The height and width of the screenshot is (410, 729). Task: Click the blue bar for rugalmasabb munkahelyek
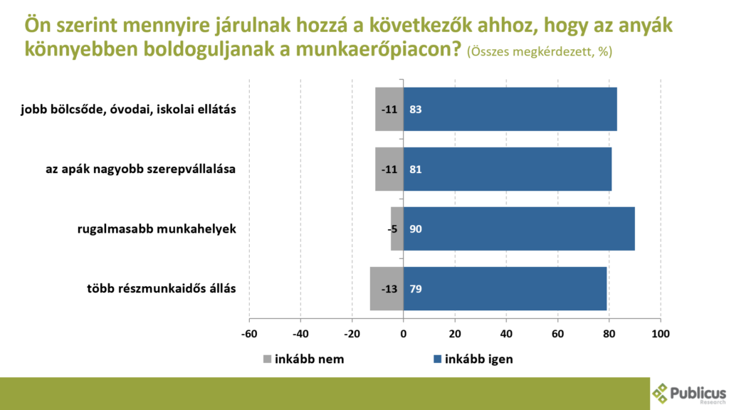519,228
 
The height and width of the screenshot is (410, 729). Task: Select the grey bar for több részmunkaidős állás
387,289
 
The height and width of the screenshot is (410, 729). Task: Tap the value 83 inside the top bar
415,109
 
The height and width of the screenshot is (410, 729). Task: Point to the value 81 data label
415,169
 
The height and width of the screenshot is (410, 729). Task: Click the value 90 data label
415,228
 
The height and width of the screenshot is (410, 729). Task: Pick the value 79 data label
415,289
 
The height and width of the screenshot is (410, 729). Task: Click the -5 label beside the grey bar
392,229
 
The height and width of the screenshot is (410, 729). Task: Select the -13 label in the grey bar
389,289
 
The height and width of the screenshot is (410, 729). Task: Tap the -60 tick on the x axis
249,334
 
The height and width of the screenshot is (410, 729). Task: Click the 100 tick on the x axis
661,334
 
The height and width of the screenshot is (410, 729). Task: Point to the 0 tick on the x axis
403,334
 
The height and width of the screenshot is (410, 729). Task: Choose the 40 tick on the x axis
506,334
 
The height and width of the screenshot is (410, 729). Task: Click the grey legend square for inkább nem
268,359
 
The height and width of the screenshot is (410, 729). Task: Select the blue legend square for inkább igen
437,359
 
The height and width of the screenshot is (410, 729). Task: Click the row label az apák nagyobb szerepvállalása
140,169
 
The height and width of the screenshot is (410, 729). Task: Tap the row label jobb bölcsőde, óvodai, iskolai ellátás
128,110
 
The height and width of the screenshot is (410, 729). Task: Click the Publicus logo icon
660,393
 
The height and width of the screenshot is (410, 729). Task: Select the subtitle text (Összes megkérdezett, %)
540,51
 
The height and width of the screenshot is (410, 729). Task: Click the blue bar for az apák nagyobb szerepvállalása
507,169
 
